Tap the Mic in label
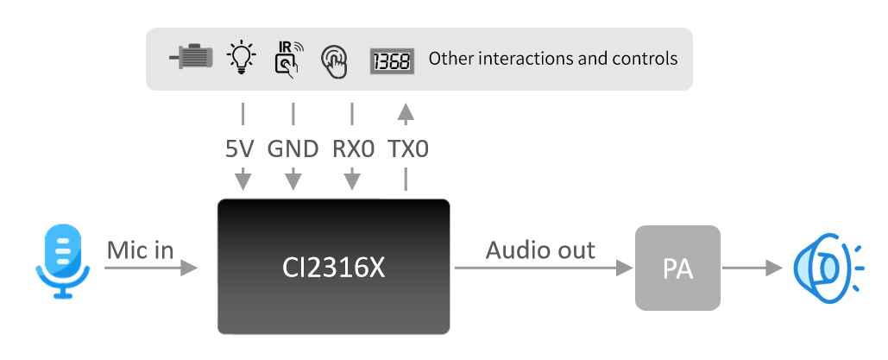coord(140,250)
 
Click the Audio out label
coord(540,250)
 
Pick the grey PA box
coord(677,268)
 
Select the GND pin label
coord(293,148)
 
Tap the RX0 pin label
coord(353,148)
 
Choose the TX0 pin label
coord(408,148)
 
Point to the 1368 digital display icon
coord(392,60)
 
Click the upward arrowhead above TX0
coord(406,111)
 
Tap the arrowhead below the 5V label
coord(243,180)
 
